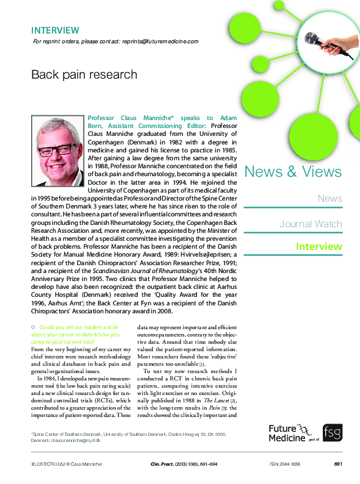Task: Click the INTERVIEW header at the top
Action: coord(55,30)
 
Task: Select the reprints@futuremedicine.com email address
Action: coord(160,41)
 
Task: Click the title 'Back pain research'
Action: coord(84,75)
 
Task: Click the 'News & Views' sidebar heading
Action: coord(293,172)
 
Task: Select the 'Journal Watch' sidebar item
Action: coord(311,224)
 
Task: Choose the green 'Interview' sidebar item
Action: coord(319,247)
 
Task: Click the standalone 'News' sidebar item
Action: coord(329,198)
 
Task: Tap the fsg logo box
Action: coord(333,433)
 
